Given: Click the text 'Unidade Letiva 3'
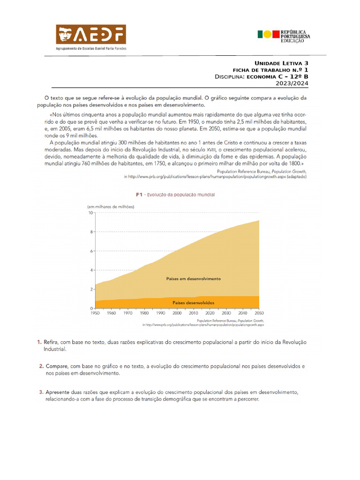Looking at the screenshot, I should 281,63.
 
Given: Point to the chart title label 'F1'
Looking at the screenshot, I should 139,194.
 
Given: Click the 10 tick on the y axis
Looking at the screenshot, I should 90,213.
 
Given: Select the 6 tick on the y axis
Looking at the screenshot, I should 91,251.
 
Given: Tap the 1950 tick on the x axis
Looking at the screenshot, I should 96,313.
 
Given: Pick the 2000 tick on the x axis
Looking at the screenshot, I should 177,313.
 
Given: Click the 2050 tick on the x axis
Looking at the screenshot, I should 258,313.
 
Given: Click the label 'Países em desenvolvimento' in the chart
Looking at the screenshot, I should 193,278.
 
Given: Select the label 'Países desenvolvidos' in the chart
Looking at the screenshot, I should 193,303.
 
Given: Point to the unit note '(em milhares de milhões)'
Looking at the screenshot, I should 111,207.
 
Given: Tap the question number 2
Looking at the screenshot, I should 41,366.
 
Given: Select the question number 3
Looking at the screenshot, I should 41,392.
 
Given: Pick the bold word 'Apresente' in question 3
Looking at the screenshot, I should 60,392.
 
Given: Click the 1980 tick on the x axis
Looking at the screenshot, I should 144,313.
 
